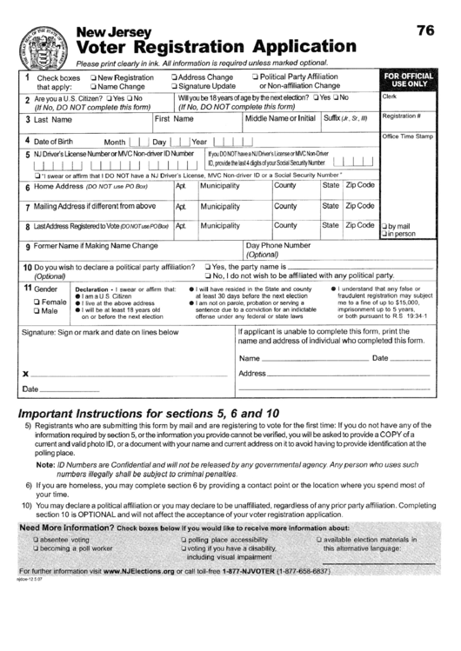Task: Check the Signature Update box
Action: [x=176, y=87]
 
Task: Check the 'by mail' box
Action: [x=385, y=226]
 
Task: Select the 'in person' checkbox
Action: [x=385, y=234]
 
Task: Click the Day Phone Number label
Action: [x=277, y=246]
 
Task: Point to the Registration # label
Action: [x=401, y=116]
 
